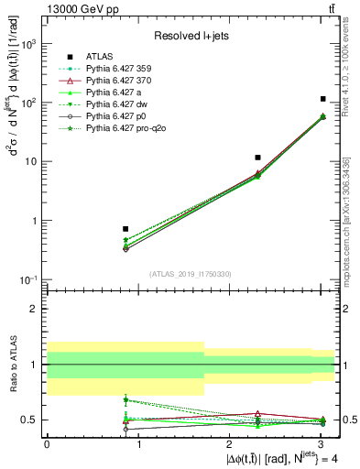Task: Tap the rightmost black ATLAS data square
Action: (323, 98)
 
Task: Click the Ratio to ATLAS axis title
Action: (12, 364)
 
